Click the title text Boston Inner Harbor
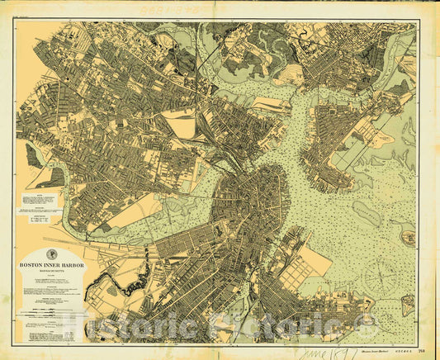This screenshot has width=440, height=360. pyautogui.click(x=51, y=266)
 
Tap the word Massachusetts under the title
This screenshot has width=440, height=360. pyautogui.click(x=51, y=272)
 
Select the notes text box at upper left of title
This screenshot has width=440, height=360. pyautogui.click(x=40, y=201)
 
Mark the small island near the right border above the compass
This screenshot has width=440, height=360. pyautogui.click(x=406, y=237)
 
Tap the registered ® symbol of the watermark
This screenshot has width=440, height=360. pyautogui.click(x=361, y=320)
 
